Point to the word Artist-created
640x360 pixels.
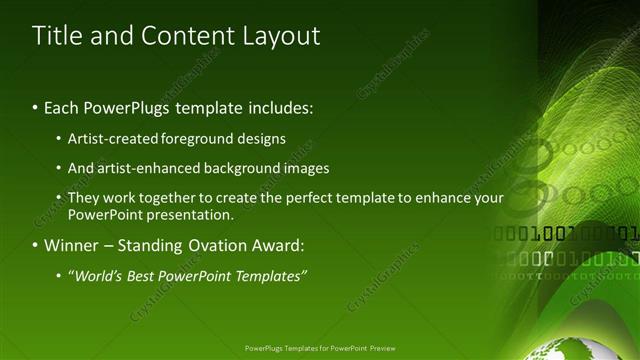click(108, 139)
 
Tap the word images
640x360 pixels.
click(302, 168)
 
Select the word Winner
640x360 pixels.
click(71, 245)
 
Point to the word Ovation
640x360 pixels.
click(215, 245)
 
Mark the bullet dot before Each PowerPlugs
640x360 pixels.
click(36, 107)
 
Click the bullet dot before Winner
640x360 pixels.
click(36, 245)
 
